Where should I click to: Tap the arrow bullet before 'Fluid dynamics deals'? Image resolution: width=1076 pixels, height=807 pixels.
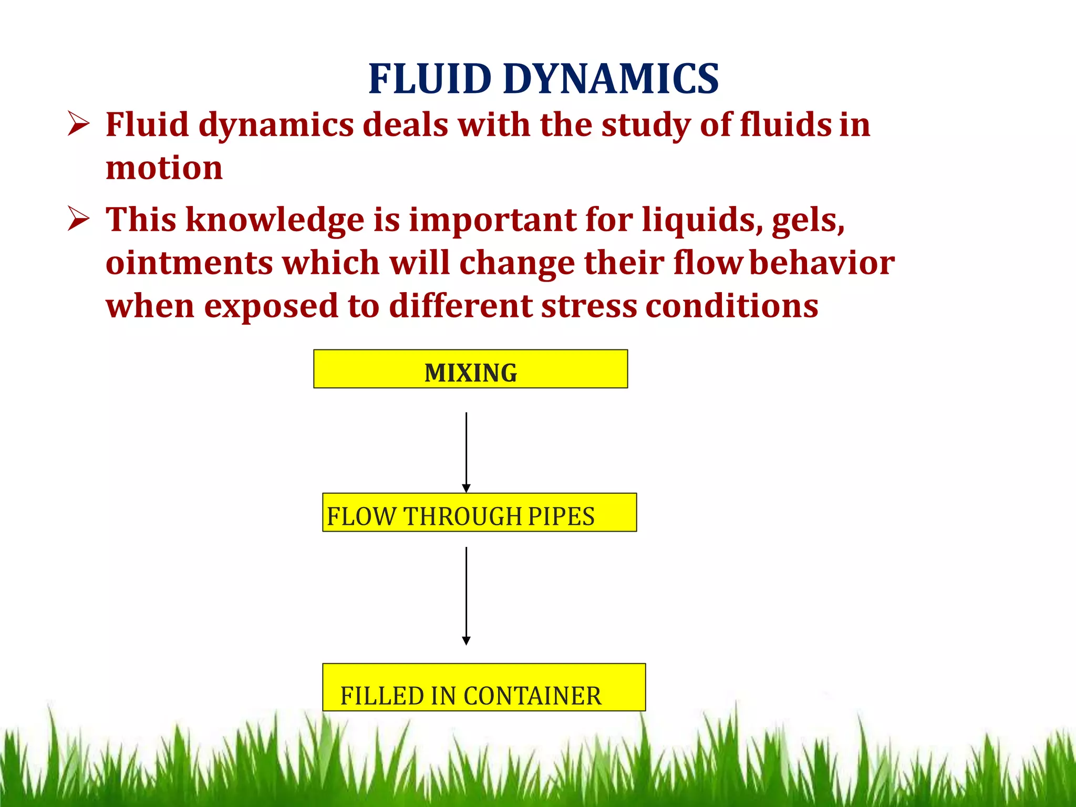[x=78, y=125]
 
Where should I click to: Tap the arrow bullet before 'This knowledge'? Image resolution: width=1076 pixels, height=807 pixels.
[x=78, y=219]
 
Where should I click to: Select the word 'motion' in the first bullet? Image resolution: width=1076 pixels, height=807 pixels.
[x=164, y=168]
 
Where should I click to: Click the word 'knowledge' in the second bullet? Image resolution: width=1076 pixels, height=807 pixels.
[x=275, y=220]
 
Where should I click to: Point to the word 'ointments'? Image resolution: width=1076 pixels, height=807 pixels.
[x=189, y=263]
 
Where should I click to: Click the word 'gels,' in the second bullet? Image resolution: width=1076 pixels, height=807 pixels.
[x=808, y=220]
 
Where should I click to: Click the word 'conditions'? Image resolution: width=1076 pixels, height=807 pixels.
[x=731, y=306]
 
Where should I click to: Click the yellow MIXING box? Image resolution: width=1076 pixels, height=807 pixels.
[x=470, y=369]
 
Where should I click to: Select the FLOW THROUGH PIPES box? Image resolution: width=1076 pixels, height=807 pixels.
[x=479, y=512]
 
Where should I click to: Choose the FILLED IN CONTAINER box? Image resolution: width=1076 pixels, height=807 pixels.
[x=483, y=687]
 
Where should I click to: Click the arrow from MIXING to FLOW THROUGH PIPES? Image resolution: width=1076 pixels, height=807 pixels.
[x=466, y=452]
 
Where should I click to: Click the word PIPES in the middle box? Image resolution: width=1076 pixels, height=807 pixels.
[x=561, y=516]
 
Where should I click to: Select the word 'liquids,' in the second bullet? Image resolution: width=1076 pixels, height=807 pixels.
[x=702, y=220]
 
